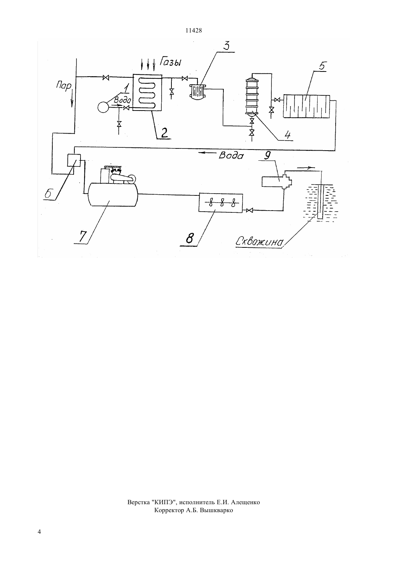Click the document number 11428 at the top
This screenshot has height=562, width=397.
point(193,31)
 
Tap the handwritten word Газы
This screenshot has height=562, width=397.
point(171,62)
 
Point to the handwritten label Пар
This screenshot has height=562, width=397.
point(64,86)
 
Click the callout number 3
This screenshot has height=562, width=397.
point(226,46)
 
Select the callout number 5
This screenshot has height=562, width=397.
point(322,66)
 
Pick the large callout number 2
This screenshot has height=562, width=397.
point(164,133)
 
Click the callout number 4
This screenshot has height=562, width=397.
point(287,135)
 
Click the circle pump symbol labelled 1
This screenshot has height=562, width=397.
point(103,107)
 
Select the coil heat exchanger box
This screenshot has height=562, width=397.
point(147,92)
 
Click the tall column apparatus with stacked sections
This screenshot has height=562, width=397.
point(252,96)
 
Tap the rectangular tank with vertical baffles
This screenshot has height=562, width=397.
point(306,106)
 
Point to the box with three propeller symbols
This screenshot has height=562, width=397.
point(221,203)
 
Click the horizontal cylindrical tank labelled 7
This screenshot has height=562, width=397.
point(113,194)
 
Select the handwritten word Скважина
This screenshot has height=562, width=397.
point(259,242)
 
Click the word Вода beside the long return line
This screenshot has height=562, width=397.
point(231,156)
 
